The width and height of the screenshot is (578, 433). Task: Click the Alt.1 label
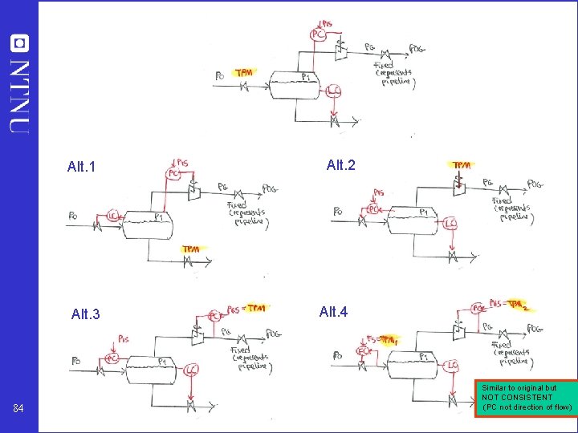point(81,168)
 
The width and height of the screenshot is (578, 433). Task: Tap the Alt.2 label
point(340,165)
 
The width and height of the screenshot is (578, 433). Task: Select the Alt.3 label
point(85,314)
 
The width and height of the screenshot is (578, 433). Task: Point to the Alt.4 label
point(333,311)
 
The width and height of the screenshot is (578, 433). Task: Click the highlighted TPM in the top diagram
point(244,73)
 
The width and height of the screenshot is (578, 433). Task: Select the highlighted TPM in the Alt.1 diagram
point(191,249)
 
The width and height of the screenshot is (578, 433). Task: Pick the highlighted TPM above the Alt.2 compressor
point(461,165)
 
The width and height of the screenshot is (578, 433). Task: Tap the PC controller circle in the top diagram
point(318,34)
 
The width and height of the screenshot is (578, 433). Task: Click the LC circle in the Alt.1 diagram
point(112,216)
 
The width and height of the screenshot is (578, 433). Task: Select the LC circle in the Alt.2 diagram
point(451,224)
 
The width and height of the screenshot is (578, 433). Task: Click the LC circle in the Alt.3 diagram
point(191,370)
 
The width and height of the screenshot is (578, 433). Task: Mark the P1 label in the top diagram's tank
point(306,76)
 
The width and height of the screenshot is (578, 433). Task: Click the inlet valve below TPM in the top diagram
point(244,87)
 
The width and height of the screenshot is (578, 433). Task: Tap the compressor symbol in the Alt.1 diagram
point(193,191)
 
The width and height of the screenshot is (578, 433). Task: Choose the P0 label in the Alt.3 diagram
point(75,360)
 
